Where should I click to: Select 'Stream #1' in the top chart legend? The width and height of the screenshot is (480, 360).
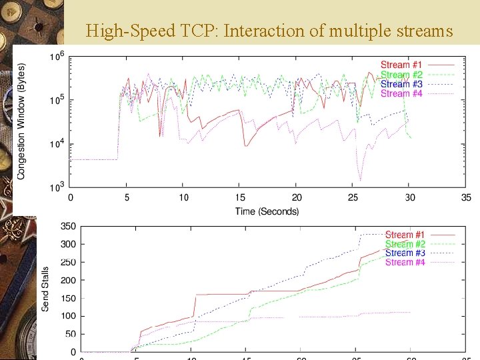(x=401, y=65)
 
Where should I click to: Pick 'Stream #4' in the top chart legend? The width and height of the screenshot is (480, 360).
(x=401, y=93)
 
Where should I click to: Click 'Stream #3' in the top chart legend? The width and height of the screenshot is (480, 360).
(x=401, y=84)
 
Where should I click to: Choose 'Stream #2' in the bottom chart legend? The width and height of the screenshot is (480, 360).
(x=405, y=244)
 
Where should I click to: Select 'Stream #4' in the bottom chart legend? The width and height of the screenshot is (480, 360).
(x=405, y=263)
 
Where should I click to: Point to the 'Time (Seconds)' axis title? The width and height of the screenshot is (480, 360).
(x=267, y=211)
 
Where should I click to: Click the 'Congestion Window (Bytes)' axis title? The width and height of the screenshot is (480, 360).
(x=21, y=121)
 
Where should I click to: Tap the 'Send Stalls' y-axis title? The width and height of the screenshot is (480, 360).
(x=45, y=289)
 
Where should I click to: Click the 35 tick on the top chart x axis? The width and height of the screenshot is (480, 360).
(x=467, y=198)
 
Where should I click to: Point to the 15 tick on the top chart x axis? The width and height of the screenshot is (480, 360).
(x=241, y=198)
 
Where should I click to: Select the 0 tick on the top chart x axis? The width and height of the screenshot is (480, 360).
(x=71, y=198)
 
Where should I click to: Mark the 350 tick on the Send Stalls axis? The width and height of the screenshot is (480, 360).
(x=68, y=227)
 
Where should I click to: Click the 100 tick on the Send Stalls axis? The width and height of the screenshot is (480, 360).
(x=68, y=316)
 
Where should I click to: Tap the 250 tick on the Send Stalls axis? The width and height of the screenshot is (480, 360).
(x=68, y=263)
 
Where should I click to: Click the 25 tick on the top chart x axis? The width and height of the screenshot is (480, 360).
(x=353, y=198)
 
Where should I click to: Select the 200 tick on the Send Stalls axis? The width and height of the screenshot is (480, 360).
(x=68, y=280)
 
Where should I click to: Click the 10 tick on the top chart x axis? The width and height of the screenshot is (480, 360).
(x=184, y=198)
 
